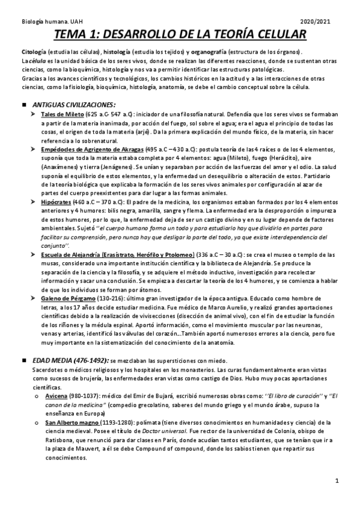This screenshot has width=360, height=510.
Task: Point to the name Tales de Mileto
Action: point(63,114)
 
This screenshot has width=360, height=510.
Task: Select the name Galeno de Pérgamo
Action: point(67,299)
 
